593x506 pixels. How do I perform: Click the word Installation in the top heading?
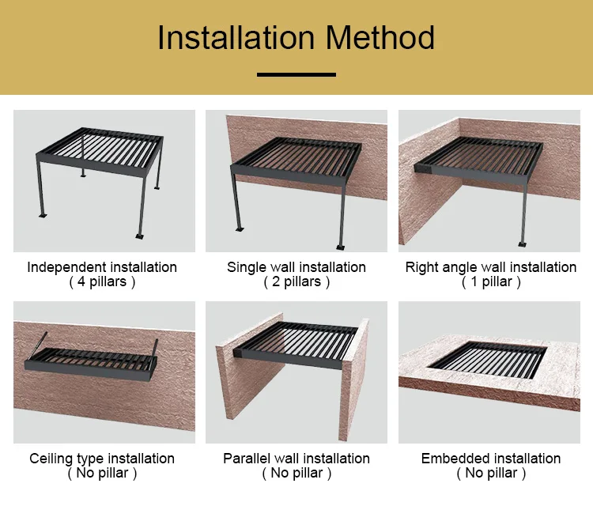[x=236, y=37]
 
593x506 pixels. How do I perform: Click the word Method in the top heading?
[x=380, y=37]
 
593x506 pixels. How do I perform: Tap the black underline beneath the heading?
[x=296, y=74]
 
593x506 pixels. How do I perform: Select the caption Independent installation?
[x=102, y=267]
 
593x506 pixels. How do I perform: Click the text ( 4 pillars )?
[x=102, y=281]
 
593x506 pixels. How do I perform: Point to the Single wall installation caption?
[x=296, y=267]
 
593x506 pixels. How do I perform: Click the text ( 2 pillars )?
[x=296, y=281]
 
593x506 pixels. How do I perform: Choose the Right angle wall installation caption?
[x=491, y=267]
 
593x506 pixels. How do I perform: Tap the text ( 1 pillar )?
[x=491, y=281]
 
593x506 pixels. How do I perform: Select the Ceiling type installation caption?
[x=102, y=459]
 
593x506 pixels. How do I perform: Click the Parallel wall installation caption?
[x=296, y=459]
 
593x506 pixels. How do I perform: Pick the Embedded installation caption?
[x=491, y=459]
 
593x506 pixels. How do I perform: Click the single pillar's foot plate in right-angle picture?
[x=523, y=244]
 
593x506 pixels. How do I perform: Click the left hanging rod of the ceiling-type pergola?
[x=39, y=346]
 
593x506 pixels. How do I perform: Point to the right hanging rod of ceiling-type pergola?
[x=155, y=348]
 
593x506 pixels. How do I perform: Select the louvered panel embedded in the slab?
[x=488, y=359]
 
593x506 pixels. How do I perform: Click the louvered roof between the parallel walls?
[x=296, y=344]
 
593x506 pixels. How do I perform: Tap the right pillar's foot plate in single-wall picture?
[x=340, y=247]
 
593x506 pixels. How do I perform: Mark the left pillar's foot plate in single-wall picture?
[x=240, y=228]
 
